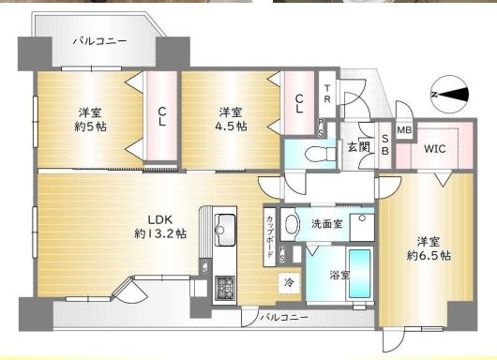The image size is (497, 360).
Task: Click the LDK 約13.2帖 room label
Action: (x=160, y=227)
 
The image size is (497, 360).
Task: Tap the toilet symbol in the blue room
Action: (x=320, y=154)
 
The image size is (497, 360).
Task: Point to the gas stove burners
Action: (x=225, y=288)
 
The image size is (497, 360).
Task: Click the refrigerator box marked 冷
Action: (x=289, y=283)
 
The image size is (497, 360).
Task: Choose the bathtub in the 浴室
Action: (x=360, y=274)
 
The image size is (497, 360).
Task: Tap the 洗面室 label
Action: (x=326, y=224)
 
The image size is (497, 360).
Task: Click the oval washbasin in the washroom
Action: (x=292, y=224)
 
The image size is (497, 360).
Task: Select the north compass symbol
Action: (x=449, y=94)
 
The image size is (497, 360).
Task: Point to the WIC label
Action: (x=435, y=149)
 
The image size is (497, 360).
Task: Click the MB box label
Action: (x=404, y=130)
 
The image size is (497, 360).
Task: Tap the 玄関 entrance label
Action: (x=358, y=147)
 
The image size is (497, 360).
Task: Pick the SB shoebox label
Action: (x=384, y=144)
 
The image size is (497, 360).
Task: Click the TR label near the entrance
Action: (x=327, y=94)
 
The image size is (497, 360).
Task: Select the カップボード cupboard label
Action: (x=270, y=236)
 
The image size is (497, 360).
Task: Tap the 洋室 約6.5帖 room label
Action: (x=429, y=248)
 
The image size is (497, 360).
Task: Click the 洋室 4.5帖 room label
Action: (x=231, y=119)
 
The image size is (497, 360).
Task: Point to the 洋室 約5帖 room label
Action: (x=90, y=120)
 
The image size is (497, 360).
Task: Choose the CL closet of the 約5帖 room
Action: (x=161, y=116)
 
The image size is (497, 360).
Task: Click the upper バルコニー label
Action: (x=100, y=41)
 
